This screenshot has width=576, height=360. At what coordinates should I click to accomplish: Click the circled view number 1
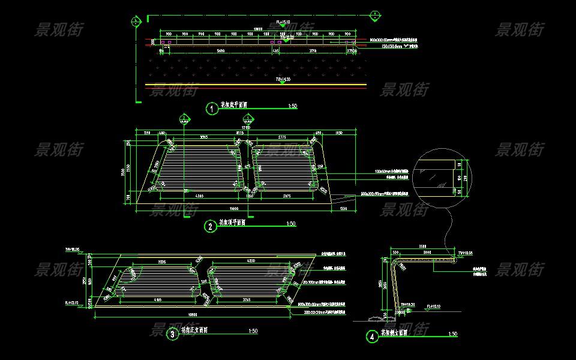pyautogui.click(x=211, y=109)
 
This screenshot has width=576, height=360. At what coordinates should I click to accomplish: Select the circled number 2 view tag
pyautogui.click(x=211, y=226)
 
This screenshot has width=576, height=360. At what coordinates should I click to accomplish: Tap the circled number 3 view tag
pyautogui.click(x=172, y=334)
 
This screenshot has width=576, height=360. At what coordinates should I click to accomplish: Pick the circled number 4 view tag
pyautogui.click(x=373, y=337)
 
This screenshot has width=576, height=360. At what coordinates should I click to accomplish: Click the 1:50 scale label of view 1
pyautogui.click(x=293, y=106)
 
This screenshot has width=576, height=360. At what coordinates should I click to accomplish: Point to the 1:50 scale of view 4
pyautogui.click(x=452, y=334)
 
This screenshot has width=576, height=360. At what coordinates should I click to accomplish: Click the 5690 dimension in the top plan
pyautogui.click(x=221, y=52)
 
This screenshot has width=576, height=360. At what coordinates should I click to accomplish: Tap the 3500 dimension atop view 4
pyautogui.click(x=422, y=247)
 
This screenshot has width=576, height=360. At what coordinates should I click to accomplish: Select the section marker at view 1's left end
pyautogui.click(x=137, y=22)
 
